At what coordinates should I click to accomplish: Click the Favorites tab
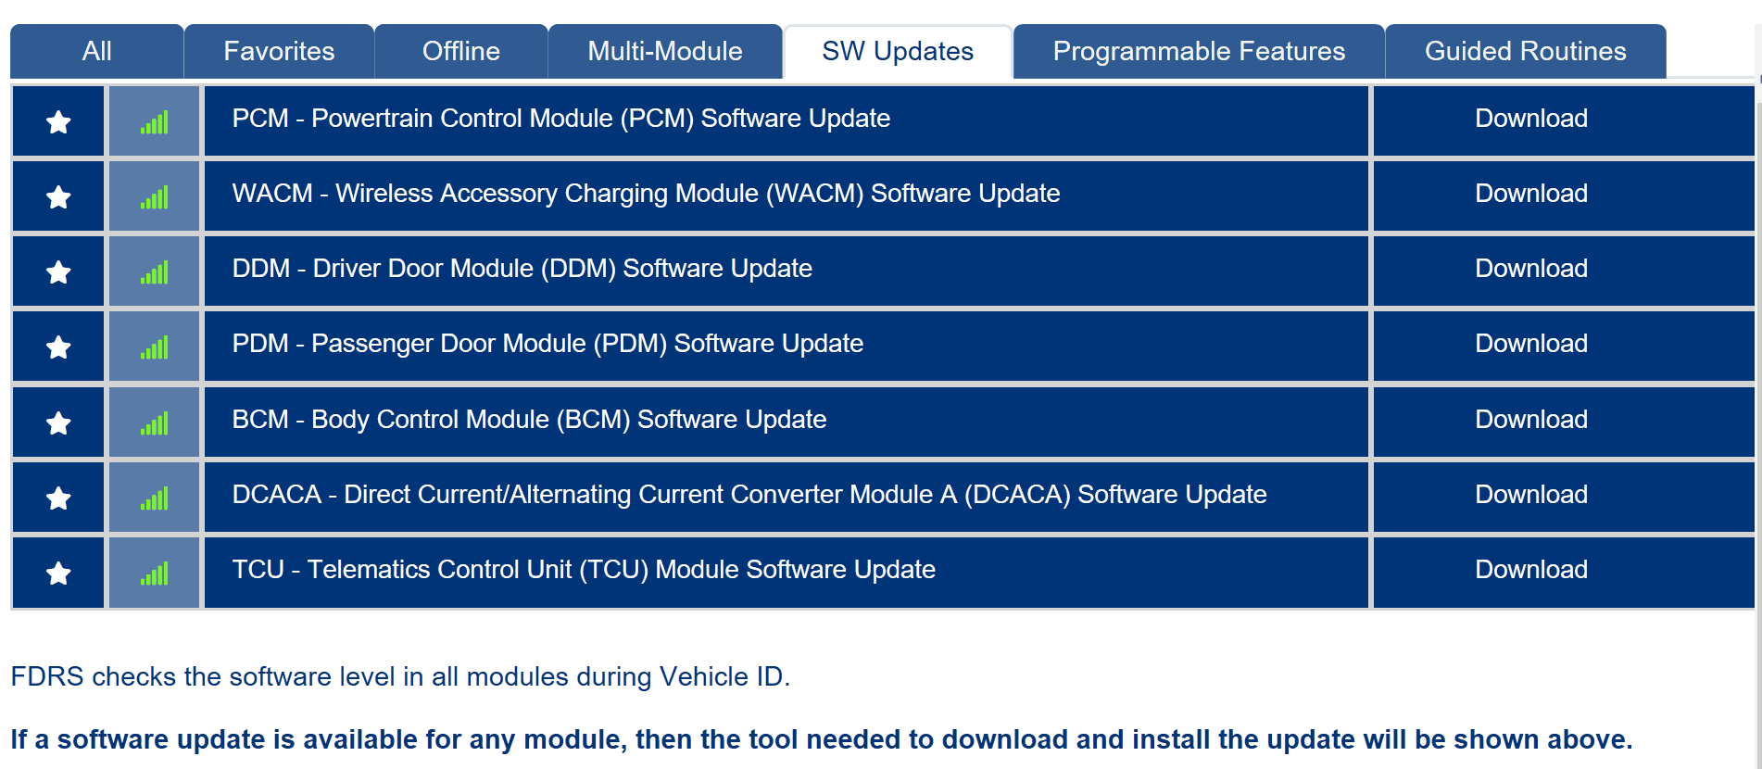click(279, 51)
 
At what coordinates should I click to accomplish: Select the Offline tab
click(461, 51)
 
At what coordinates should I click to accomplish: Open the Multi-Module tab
click(665, 51)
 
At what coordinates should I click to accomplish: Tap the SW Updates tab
click(898, 51)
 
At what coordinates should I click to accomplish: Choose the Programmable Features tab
click(1199, 51)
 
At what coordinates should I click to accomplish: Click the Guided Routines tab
click(1526, 51)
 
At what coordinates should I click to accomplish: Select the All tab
click(96, 51)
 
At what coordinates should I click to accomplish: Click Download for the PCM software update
click(1531, 119)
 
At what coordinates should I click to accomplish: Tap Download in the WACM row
click(1531, 194)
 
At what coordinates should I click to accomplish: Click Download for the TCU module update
click(1531, 570)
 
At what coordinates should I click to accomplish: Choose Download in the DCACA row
click(1531, 495)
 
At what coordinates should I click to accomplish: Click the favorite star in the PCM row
click(58, 121)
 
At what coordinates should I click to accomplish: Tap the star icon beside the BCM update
click(58, 422)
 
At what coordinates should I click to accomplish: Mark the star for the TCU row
click(58, 573)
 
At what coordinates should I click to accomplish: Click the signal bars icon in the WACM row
click(155, 197)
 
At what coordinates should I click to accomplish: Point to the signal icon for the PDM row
click(155, 347)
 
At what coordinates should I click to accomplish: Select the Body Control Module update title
click(529, 420)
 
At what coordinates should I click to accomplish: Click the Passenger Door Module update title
click(547, 344)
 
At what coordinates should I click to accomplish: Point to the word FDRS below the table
click(47, 677)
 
